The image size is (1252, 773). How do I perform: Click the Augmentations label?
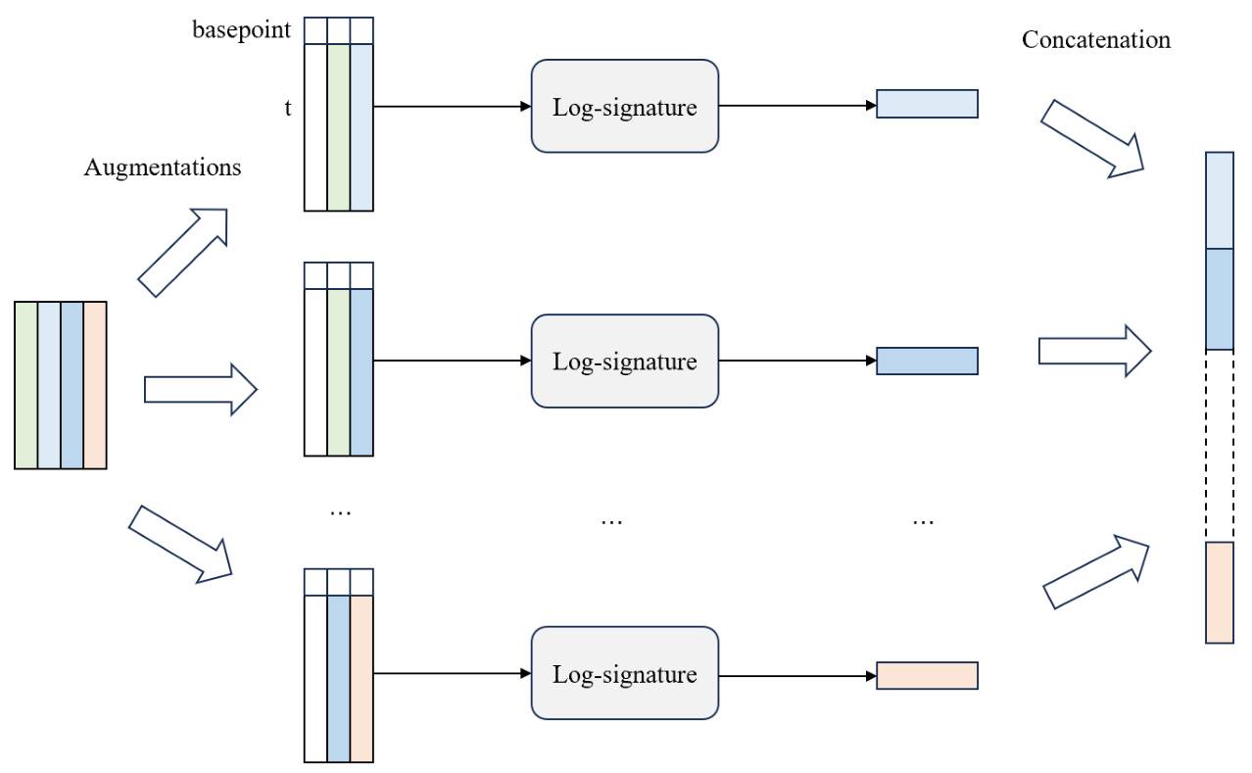pyautogui.click(x=163, y=168)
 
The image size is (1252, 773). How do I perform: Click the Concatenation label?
pyautogui.click(x=1095, y=40)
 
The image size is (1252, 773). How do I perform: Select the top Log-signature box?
pyautogui.click(x=625, y=106)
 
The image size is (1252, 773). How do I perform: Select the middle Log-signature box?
pyautogui.click(x=625, y=361)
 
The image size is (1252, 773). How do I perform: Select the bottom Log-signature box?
pyautogui.click(x=625, y=674)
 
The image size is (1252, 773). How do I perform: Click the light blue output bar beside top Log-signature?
pyautogui.click(x=927, y=104)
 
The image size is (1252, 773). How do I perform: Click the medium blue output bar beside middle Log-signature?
pyautogui.click(x=927, y=361)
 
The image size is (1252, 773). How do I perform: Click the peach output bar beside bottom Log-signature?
pyautogui.click(x=927, y=675)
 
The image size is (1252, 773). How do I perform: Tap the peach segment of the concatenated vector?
pyautogui.click(x=1220, y=592)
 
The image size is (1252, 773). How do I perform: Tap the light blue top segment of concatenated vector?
pyautogui.click(x=1220, y=200)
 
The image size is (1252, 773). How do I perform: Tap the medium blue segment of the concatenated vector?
pyautogui.click(x=1220, y=299)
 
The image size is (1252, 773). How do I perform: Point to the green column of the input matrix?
pyautogui.click(x=26, y=385)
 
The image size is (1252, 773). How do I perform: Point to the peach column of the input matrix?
pyautogui.click(x=95, y=385)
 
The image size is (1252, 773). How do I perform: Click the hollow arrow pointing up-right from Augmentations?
pyautogui.click(x=183, y=252)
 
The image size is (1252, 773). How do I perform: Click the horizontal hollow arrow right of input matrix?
pyautogui.click(x=200, y=389)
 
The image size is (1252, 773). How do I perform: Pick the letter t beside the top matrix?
pyautogui.click(x=288, y=109)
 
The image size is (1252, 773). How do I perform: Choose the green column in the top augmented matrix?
pyautogui.click(x=338, y=127)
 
